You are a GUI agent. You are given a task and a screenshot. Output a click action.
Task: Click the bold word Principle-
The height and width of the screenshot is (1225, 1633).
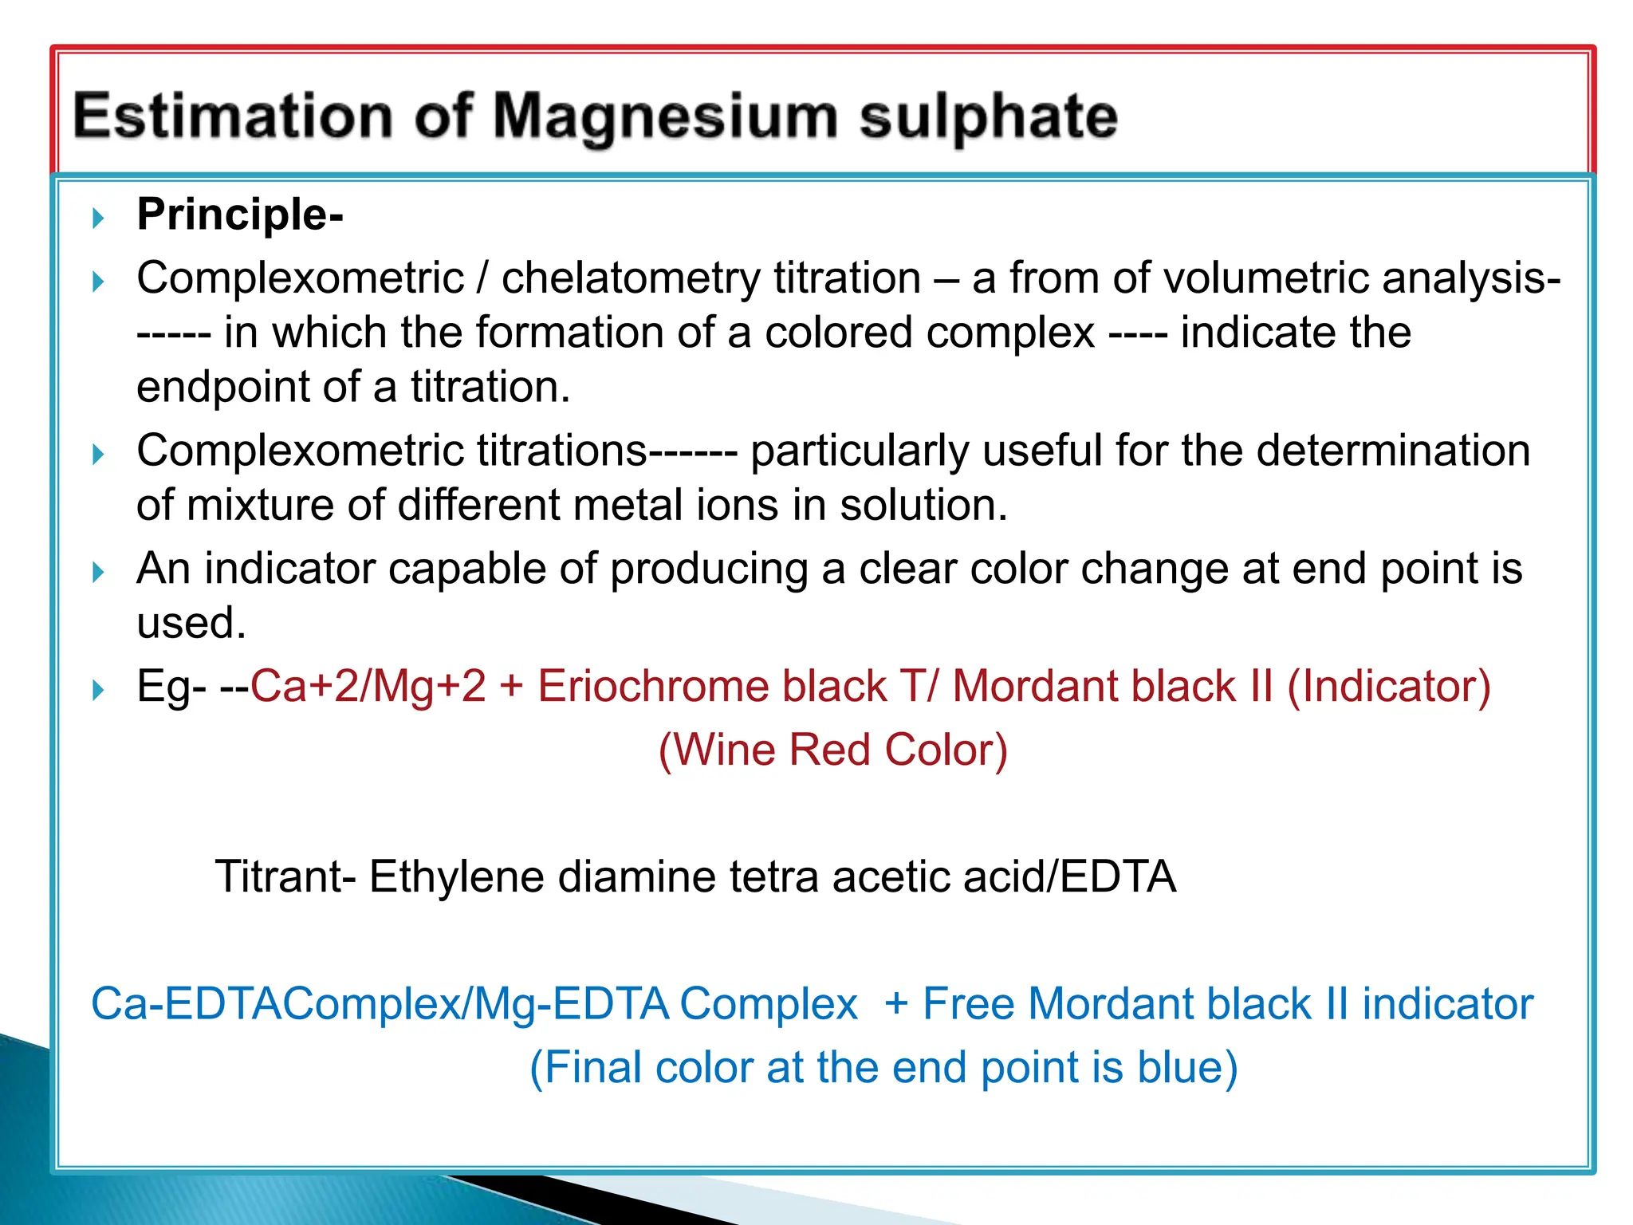click(x=240, y=215)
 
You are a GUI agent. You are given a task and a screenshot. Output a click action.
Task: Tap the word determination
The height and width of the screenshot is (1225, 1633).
click(x=1393, y=451)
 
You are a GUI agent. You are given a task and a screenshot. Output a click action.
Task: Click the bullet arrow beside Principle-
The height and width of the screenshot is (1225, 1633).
click(x=98, y=218)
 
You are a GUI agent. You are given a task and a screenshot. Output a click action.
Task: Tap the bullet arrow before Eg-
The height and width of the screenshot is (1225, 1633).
click(x=98, y=690)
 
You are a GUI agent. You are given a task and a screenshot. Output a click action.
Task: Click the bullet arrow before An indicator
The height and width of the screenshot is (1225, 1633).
click(x=98, y=572)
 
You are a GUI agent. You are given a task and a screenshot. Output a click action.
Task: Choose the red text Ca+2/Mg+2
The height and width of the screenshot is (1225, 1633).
click(x=368, y=687)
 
